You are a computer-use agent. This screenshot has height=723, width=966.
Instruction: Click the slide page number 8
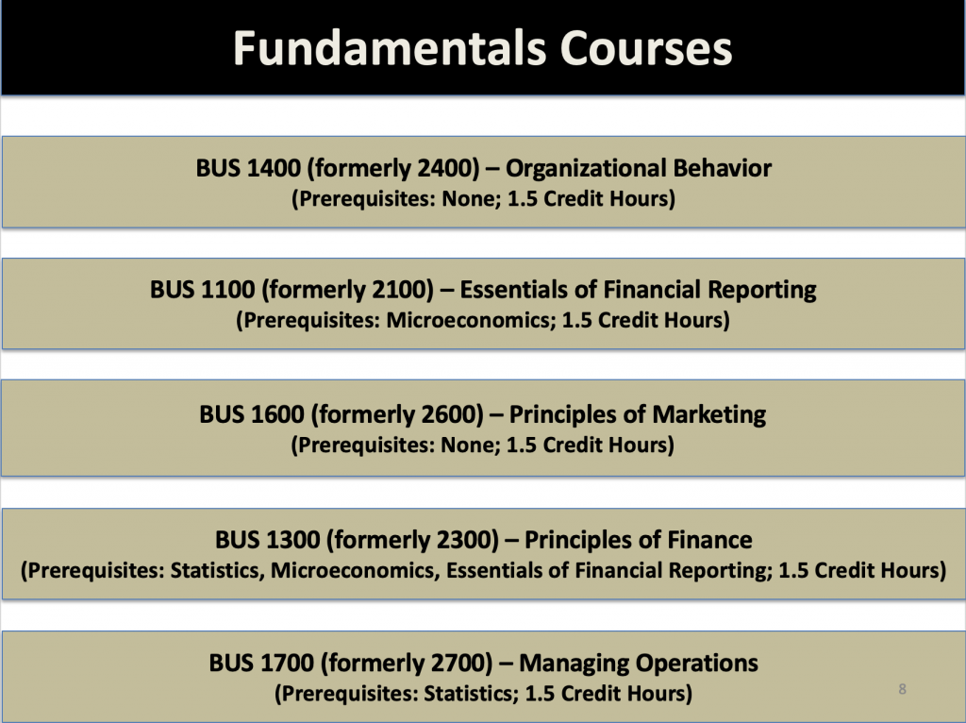902,689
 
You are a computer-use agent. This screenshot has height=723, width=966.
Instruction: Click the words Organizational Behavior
639,169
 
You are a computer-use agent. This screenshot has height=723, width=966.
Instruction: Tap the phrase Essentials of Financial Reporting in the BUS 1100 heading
638,289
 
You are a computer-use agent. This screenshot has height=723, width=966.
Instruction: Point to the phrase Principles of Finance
638,540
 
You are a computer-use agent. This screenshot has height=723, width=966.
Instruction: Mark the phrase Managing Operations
638,663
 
